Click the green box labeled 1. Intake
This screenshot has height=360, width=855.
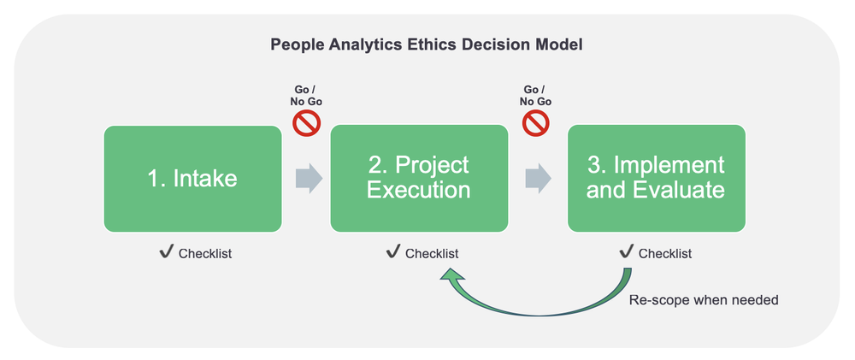[x=192, y=179]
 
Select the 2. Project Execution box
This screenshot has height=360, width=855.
[x=419, y=179]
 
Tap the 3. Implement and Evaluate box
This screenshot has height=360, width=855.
[x=656, y=179]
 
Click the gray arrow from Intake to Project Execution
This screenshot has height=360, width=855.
[x=308, y=179]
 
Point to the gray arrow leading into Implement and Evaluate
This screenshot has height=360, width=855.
[x=538, y=179]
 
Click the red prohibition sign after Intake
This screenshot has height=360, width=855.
[x=306, y=124]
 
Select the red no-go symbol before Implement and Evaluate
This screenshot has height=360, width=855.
[x=535, y=124]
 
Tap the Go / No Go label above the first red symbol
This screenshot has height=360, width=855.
[x=306, y=96]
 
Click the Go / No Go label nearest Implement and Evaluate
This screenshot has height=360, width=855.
[x=535, y=96]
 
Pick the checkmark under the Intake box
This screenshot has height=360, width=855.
[x=168, y=252]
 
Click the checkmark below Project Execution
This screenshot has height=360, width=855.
[x=394, y=252]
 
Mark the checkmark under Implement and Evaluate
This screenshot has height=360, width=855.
[x=627, y=252]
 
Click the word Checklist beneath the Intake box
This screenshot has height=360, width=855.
[x=205, y=254]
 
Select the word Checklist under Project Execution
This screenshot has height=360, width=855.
[x=432, y=254]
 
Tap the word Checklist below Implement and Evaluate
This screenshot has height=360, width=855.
[x=665, y=254]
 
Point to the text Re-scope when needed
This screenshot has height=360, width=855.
[x=704, y=300]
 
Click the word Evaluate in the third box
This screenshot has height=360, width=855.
[x=681, y=190]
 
